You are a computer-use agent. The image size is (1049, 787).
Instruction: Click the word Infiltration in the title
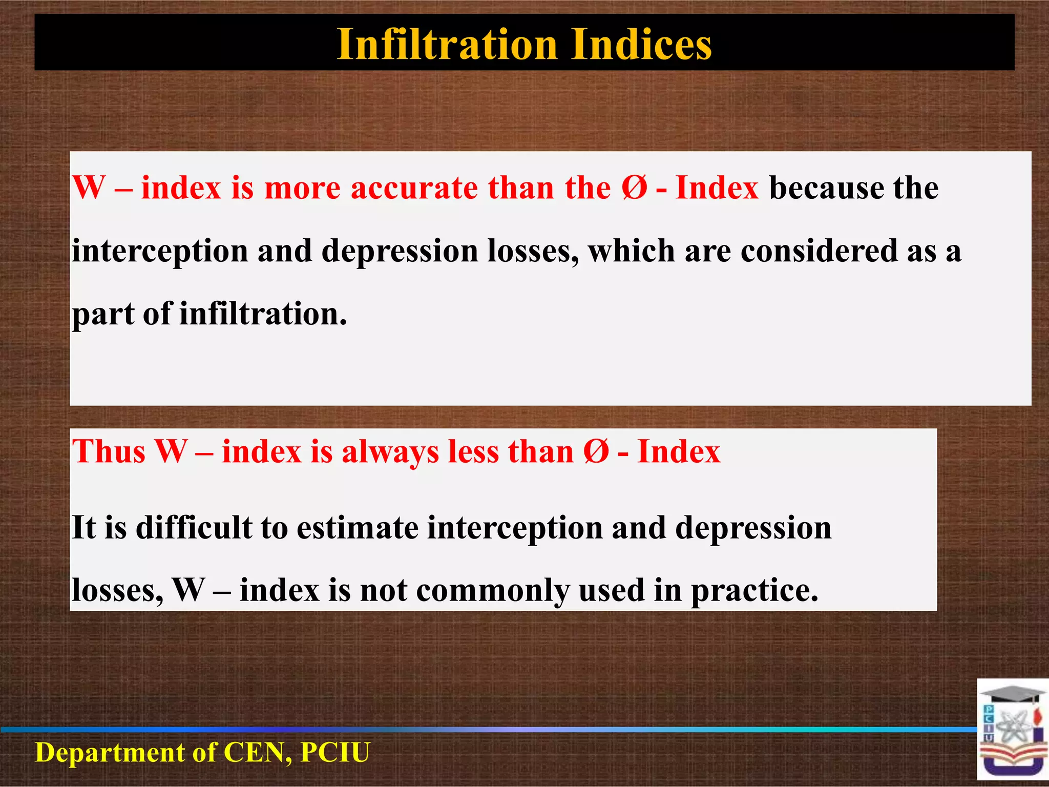coord(447,45)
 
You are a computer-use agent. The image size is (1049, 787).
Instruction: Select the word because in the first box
coord(826,188)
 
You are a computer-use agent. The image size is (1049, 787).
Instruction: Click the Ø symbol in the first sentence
coord(635,188)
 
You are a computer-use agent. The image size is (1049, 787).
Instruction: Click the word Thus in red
coord(109,452)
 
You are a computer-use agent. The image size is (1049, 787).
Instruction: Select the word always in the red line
coord(390,452)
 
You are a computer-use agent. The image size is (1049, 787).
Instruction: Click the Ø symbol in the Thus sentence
coord(596,452)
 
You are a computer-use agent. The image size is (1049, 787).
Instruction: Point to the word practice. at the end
coord(754,590)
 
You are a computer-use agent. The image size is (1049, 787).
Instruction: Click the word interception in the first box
coord(160,251)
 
